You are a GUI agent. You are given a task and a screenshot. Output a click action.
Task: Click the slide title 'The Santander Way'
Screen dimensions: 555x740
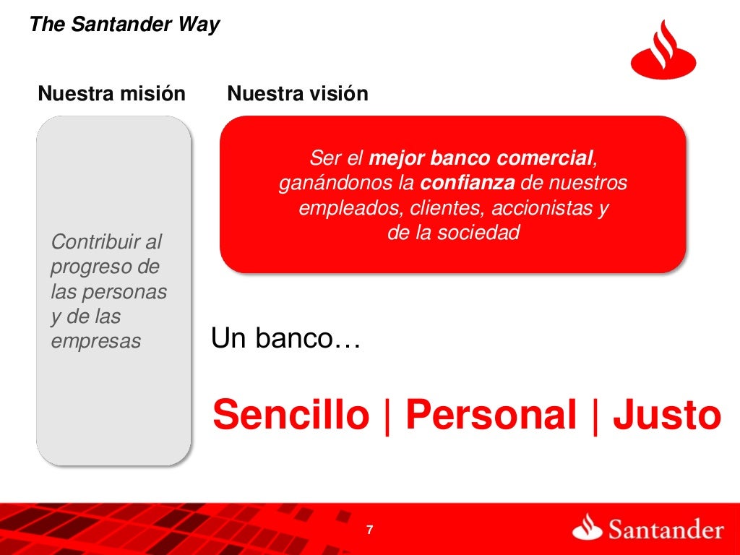click(x=124, y=25)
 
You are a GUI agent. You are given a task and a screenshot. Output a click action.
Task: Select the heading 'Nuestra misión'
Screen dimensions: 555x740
click(x=111, y=94)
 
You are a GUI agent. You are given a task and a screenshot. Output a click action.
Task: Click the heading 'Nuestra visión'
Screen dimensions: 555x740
click(x=298, y=94)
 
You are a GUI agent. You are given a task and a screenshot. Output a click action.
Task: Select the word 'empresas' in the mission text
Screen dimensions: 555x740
click(x=95, y=341)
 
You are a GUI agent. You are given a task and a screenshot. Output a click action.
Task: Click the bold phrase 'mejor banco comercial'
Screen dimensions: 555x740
click(x=481, y=158)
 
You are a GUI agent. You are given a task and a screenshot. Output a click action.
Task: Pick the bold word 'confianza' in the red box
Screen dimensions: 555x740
click(x=468, y=184)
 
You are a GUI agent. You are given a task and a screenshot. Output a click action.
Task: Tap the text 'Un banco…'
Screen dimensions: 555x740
click(x=286, y=338)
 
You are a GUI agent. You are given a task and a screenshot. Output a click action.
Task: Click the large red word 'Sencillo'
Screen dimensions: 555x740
click(x=291, y=416)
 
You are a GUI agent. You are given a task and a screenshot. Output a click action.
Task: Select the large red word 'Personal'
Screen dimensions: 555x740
click(x=491, y=416)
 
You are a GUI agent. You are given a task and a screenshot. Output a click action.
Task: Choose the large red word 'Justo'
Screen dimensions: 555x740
click(x=667, y=416)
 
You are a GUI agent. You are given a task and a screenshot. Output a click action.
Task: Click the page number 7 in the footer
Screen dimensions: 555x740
click(x=370, y=530)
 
